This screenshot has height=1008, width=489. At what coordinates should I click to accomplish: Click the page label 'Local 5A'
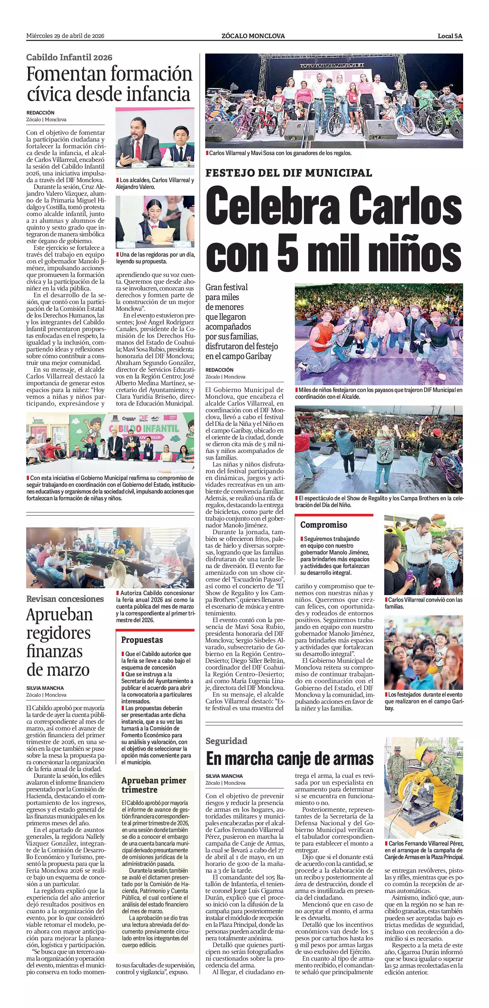pos(450,36)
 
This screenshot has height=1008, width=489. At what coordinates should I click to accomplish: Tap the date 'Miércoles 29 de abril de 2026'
pos(65,36)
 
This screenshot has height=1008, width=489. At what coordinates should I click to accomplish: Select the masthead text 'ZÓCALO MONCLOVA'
pos(253,36)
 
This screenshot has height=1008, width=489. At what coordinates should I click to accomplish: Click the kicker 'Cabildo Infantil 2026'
pos(69,58)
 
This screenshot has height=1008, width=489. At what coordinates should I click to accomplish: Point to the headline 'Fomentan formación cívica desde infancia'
pos(109,84)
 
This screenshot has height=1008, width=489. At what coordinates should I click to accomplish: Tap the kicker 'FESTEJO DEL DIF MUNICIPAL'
pos(289,173)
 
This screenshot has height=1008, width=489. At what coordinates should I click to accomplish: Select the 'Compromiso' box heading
pos(324,525)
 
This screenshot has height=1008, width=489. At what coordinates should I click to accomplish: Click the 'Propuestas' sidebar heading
pos(142,640)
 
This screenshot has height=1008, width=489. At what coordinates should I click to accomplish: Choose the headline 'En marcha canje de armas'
pos(290,759)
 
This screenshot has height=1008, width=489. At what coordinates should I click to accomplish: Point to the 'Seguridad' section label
pos(226,741)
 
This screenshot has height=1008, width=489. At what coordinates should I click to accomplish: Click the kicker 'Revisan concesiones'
pos(65,599)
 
